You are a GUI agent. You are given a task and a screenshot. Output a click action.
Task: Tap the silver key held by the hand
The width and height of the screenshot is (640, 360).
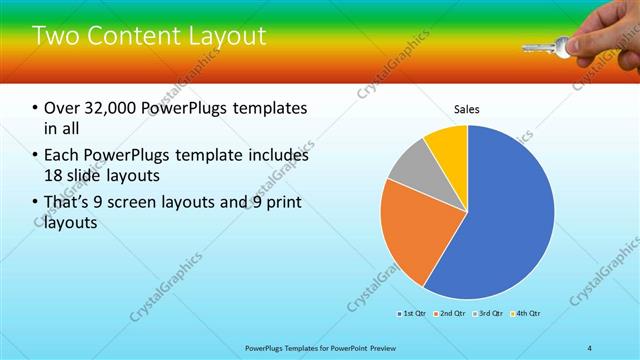tap(545, 45)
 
